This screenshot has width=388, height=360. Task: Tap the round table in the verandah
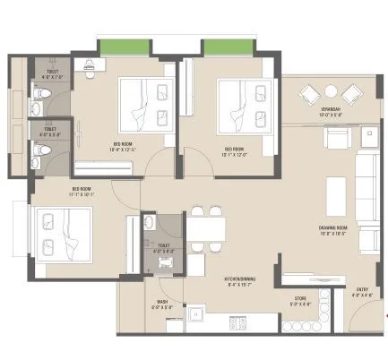click(x=331, y=91)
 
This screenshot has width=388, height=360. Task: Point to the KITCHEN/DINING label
click(x=239, y=284)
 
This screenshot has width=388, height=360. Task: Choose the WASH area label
click(x=163, y=304)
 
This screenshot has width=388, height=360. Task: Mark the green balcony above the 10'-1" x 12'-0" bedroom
click(x=223, y=47)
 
